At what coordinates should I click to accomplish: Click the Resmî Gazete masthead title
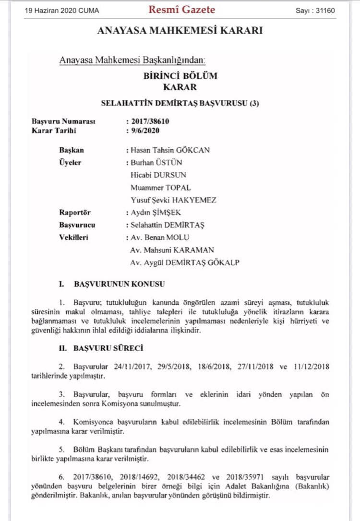181,10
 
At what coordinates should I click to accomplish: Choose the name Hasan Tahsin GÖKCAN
170,150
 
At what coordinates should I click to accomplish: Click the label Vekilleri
74,237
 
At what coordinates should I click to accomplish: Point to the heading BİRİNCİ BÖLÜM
180,76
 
